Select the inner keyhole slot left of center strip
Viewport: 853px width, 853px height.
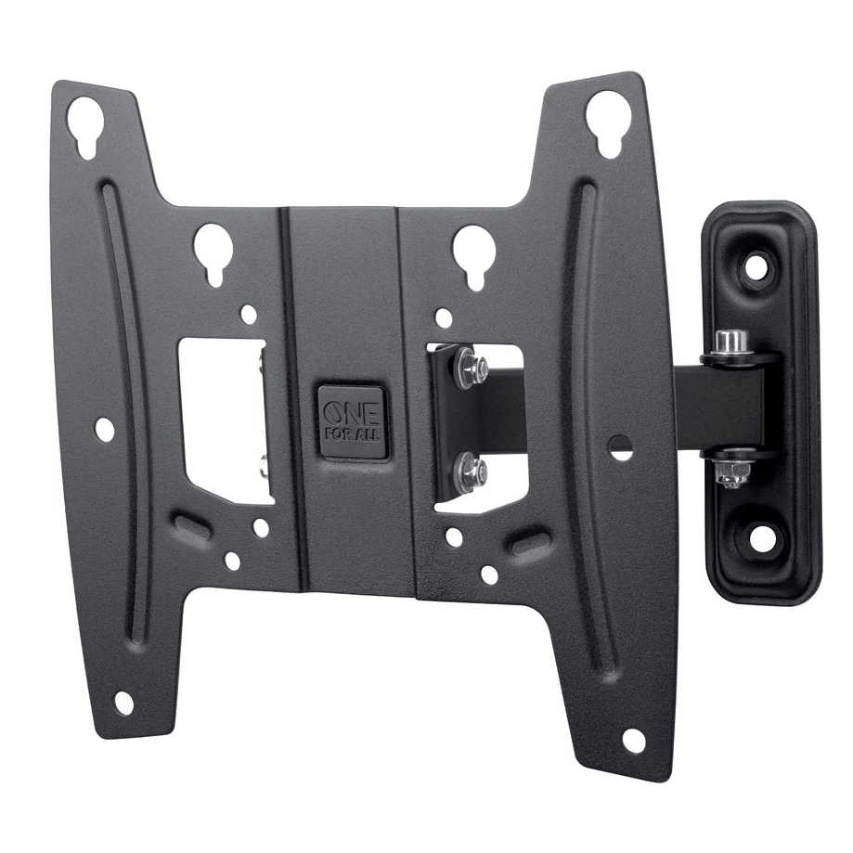point(213,251)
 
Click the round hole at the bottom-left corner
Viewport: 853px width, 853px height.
point(123,703)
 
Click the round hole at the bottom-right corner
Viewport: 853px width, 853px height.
point(633,740)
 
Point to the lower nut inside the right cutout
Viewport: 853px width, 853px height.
point(475,471)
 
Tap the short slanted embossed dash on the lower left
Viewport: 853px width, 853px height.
point(191,525)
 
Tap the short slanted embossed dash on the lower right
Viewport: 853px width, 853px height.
point(527,541)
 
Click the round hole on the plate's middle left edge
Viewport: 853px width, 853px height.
point(105,429)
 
